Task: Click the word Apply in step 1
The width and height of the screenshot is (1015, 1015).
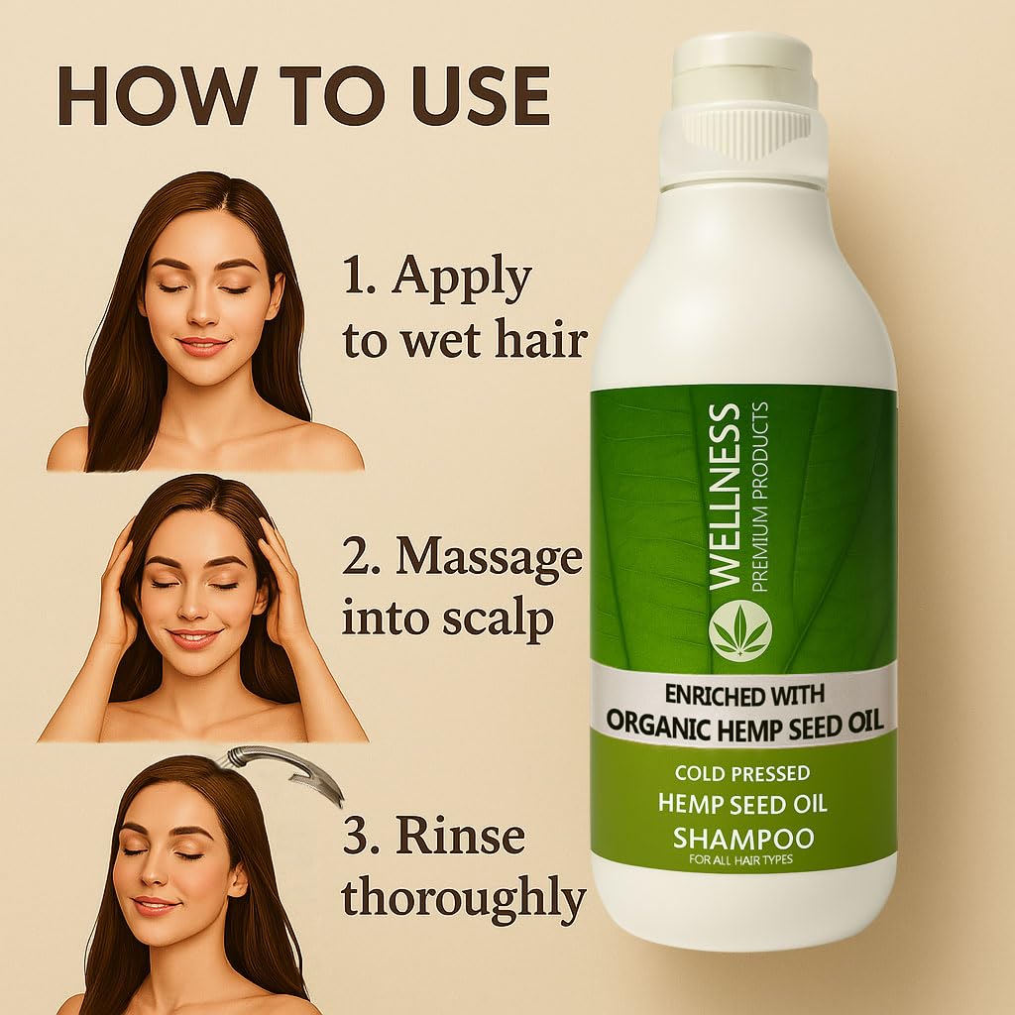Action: click(463, 281)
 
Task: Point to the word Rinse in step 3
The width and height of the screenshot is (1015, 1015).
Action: click(460, 838)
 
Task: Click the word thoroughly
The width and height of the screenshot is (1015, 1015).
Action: click(464, 898)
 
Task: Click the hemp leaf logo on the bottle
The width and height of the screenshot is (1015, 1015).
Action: click(739, 631)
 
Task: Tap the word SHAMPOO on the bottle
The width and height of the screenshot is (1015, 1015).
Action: click(743, 839)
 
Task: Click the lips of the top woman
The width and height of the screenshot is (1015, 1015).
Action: click(203, 346)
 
